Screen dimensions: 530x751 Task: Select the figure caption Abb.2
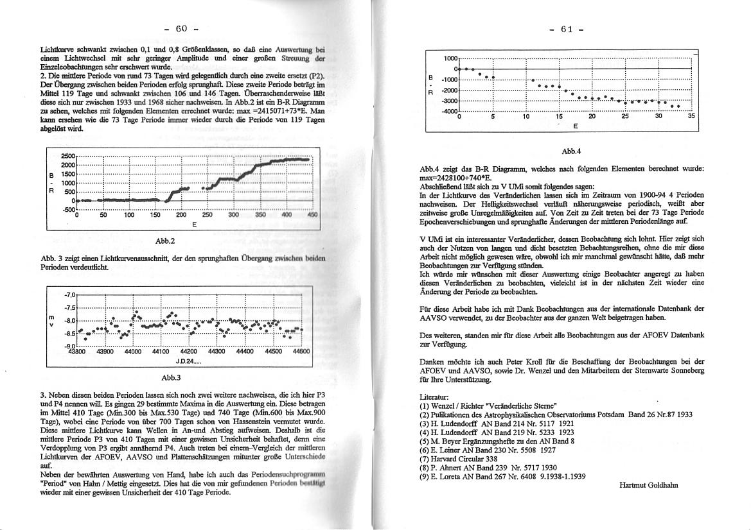pyautogui.click(x=166, y=241)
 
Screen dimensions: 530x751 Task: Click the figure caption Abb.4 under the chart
pyautogui.click(x=570, y=151)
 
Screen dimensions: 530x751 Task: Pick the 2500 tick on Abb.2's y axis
pyautogui.click(x=67, y=156)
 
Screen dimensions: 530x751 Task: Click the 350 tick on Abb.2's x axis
pyautogui.click(x=260, y=216)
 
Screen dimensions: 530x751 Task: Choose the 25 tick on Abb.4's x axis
pyautogui.click(x=625, y=117)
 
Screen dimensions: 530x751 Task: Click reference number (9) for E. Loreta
pyautogui.click(x=424, y=476)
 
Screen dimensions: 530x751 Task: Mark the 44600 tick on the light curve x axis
pyautogui.click(x=301, y=352)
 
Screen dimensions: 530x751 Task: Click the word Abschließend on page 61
pyautogui.click(x=441, y=186)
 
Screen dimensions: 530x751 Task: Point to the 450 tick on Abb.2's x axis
pyautogui.click(x=313, y=216)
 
